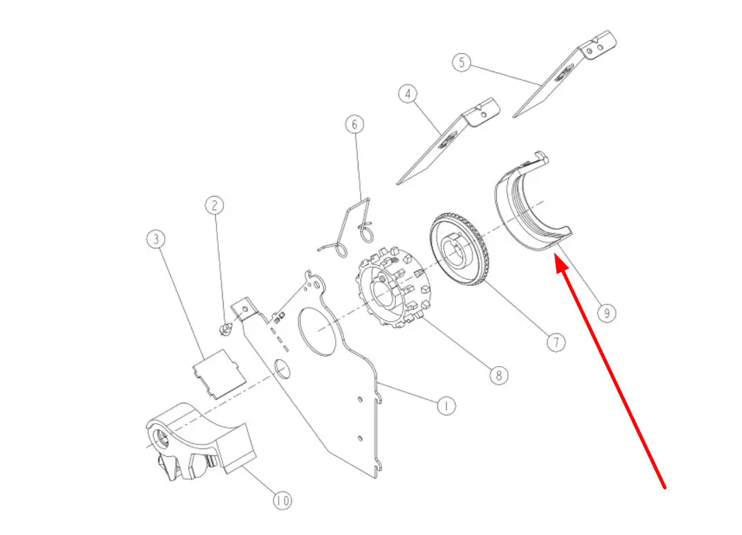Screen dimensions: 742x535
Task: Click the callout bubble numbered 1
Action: tap(445, 406)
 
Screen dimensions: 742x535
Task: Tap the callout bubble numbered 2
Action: tap(215, 206)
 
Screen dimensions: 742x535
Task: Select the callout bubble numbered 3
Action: tap(156, 239)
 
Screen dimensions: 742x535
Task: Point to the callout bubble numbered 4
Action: tap(408, 93)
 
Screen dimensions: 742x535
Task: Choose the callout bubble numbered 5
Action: tap(462, 62)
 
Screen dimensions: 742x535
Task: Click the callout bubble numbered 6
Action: tap(355, 125)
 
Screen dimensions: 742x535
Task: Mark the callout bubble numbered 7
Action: tap(556, 342)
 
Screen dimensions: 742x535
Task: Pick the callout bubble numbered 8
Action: tap(499, 376)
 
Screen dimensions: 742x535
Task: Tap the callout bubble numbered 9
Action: tap(606, 313)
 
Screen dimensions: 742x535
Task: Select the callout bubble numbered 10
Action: tap(282, 500)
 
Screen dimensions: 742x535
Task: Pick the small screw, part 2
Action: tap(226, 328)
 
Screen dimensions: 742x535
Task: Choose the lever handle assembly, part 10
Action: tap(199, 442)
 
